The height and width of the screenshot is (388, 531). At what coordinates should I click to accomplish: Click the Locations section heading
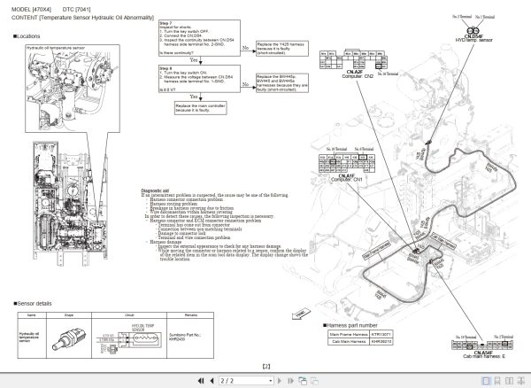[x=28, y=36]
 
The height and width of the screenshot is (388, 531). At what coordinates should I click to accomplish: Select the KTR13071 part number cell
[x=381, y=333]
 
